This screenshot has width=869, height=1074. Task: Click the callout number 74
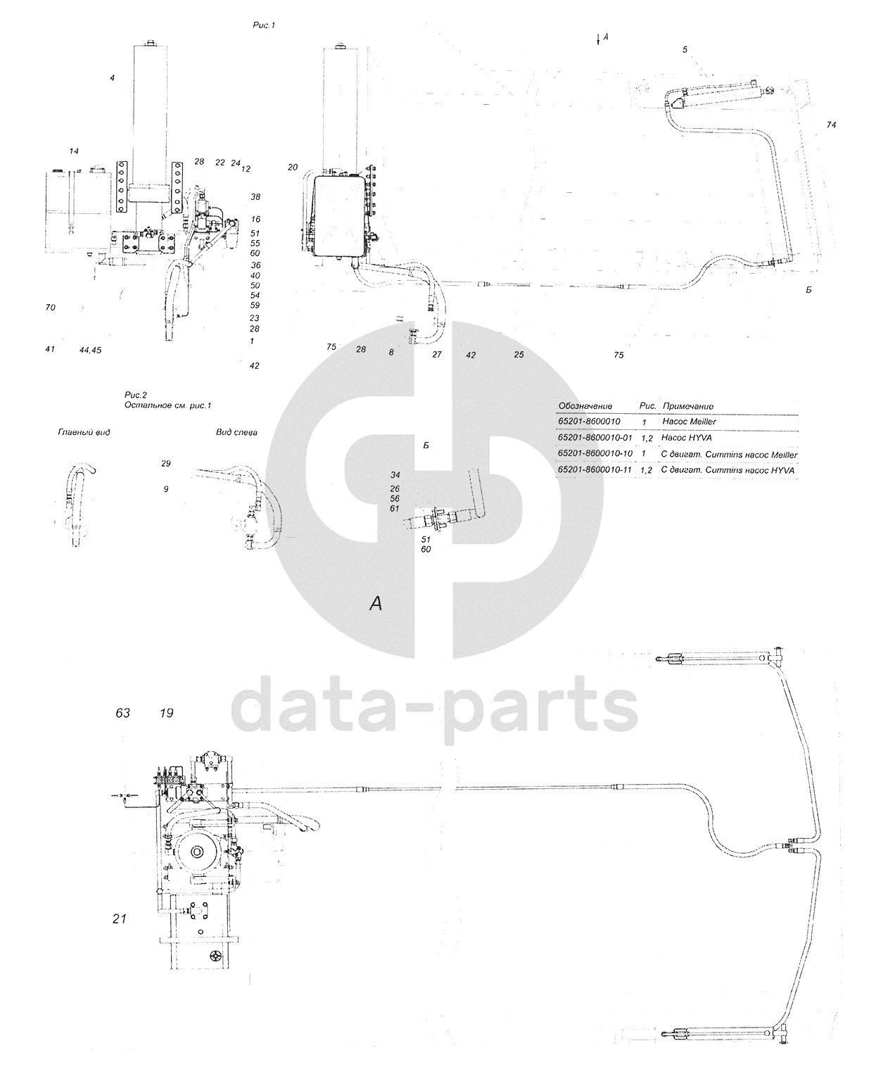(x=831, y=125)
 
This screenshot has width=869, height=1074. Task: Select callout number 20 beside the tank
(x=293, y=167)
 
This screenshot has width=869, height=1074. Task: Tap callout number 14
(x=74, y=151)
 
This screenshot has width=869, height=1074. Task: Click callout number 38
(x=255, y=197)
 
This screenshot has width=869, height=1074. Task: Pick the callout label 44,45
(x=90, y=350)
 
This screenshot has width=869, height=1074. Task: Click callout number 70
(x=50, y=308)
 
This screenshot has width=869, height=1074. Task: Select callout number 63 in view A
(x=123, y=713)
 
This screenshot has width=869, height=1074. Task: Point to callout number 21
(x=119, y=918)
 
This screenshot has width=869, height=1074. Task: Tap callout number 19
(x=166, y=713)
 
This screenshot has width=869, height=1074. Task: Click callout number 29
(x=165, y=464)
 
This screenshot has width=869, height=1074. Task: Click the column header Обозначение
(x=585, y=406)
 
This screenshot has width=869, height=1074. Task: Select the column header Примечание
(x=687, y=406)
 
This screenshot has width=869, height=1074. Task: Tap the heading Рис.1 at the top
(x=264, y=25)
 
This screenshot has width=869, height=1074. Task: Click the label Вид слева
(x=236, y=432)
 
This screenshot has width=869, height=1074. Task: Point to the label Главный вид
(x=84, y=432)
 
